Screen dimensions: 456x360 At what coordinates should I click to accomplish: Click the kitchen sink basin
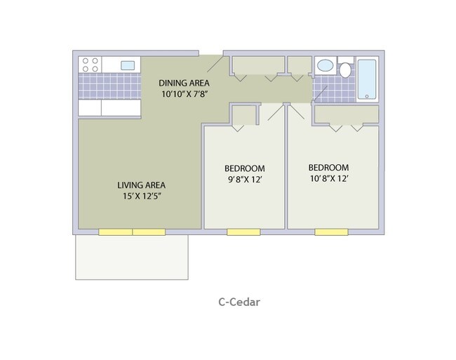pos(128,65)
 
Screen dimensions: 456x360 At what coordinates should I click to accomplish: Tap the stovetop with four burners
pos(90,65)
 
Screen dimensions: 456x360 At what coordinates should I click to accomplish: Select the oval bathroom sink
pos(325,65)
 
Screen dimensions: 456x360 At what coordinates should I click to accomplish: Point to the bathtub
pos(367,79)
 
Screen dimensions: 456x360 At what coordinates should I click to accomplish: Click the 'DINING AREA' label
pos(184,84)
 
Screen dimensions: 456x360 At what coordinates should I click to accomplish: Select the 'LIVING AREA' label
pos(141,185)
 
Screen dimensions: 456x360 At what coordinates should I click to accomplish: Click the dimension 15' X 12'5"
pos(142,196)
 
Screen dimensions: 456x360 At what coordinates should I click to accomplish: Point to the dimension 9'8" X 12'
pos(245,180)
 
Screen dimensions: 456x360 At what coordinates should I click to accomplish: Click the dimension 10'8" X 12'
pos(329,178)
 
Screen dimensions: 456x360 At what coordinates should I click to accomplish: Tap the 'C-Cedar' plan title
pos(239,302)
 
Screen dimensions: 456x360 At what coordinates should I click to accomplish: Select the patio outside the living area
pos(132,257)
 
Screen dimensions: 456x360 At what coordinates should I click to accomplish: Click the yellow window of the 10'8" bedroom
pos(331,232)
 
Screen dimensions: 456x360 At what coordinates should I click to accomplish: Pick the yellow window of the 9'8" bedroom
pos(243,232)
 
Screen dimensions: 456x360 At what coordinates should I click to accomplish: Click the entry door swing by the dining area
pos(215,64)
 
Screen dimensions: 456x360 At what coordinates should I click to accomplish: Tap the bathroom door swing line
pos(321,93)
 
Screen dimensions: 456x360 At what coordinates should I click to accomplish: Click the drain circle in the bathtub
pos(367,96)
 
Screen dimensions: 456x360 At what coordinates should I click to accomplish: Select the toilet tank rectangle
pos(345,60)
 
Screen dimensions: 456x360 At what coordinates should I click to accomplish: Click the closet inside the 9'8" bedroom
pos(243,116)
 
